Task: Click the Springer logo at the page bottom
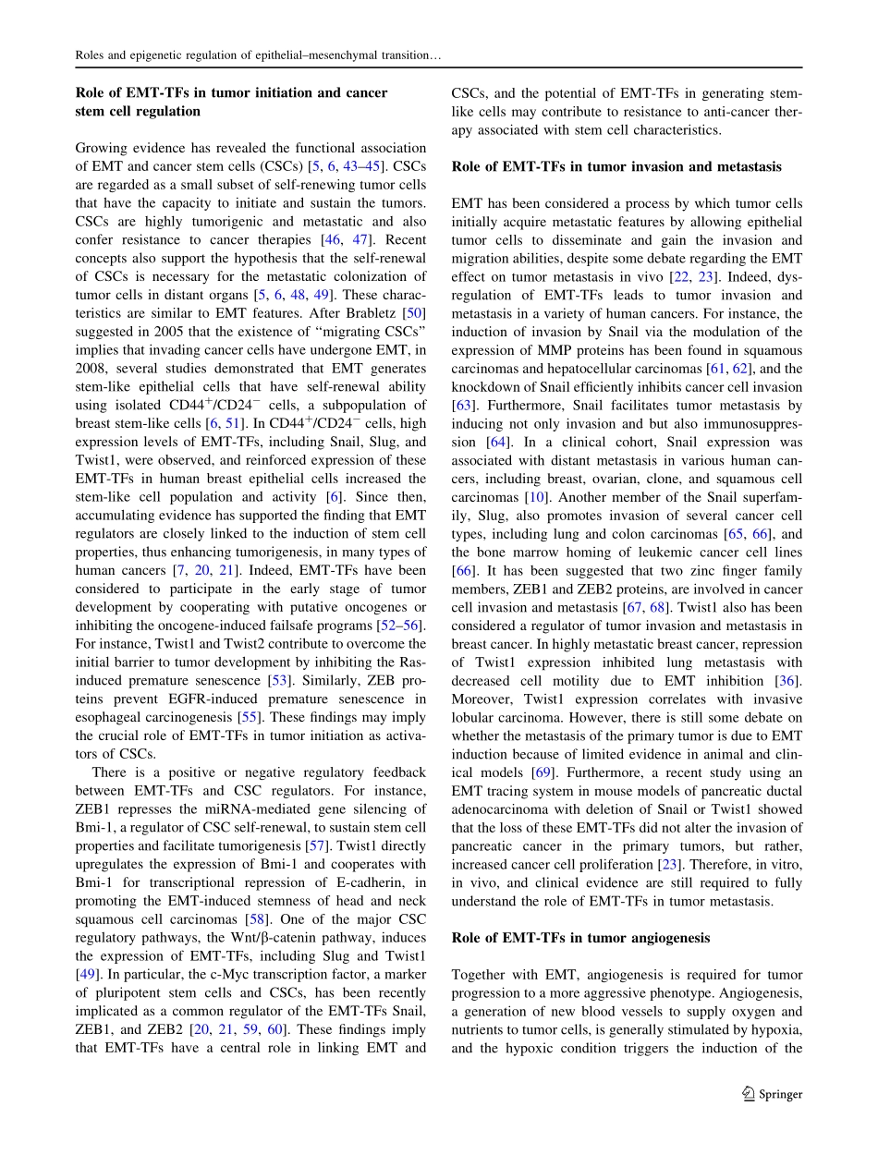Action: tap(773, 1094)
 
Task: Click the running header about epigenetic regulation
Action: tap(258, 55)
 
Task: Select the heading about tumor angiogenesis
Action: tap(580, 938)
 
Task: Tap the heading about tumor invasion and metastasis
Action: tap(616, 166)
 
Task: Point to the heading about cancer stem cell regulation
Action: tap(231, 102)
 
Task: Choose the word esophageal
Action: tap(114, 717)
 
